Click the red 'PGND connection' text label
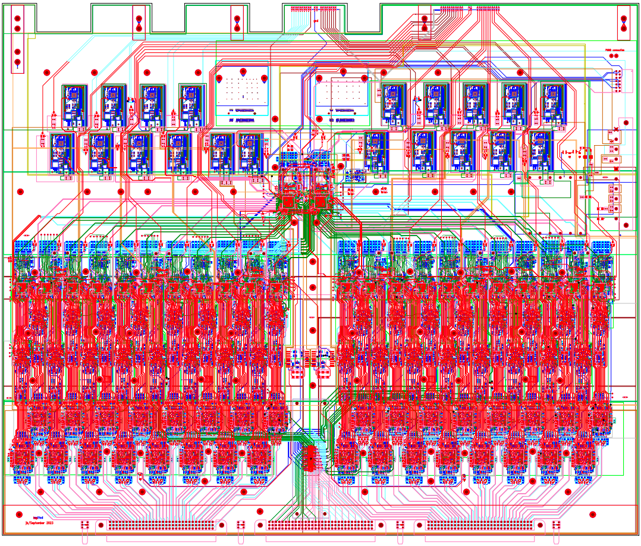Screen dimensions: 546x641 point(615,51)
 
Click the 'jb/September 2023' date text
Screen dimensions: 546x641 point(39,522)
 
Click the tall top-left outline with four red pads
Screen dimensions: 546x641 point(18,39)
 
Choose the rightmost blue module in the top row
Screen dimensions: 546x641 point(553,105)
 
